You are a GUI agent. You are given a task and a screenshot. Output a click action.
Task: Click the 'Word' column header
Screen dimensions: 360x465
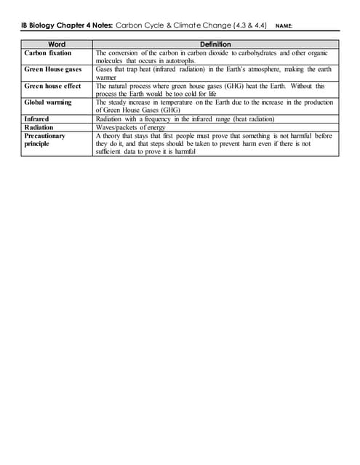[x=56, y=44]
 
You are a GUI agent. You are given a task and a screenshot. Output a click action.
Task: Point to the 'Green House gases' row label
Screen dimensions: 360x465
[x=53, y=69]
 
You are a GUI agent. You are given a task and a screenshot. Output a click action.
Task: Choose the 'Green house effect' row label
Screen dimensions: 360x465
[x=52, y=86]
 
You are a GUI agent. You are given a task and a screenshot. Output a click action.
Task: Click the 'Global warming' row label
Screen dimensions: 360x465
[x=48, y=102]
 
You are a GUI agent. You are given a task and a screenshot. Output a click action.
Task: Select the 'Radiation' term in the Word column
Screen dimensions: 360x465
[x=39, y=127]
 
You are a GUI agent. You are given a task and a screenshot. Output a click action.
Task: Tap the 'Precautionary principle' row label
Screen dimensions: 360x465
[x=44, y=139]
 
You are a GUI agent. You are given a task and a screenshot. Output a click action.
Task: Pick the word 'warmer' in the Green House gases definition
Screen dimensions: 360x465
[x=107, y=78]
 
